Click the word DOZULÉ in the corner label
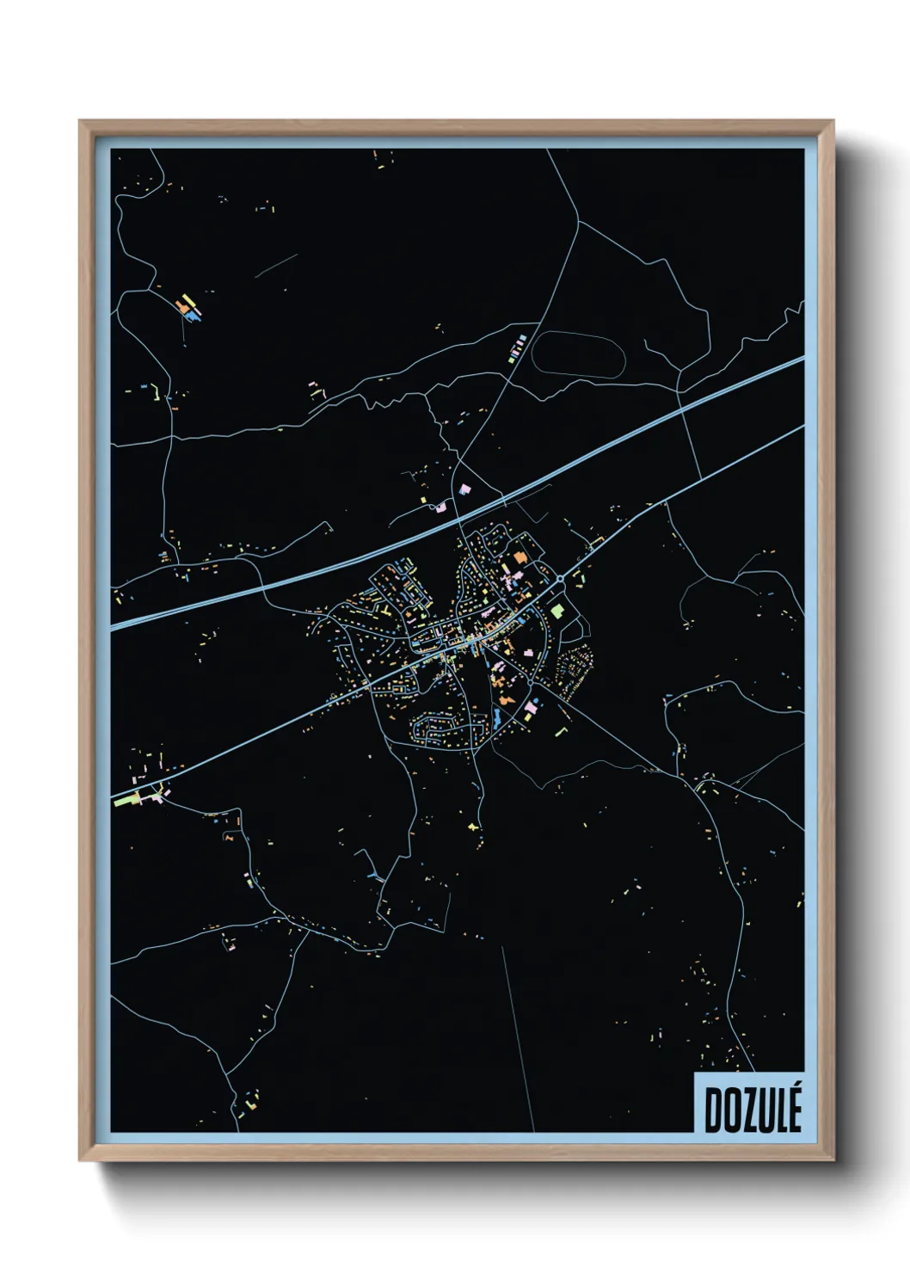coord(753,1110)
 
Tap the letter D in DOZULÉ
coord(713,1111)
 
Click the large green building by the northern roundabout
coord(557,612)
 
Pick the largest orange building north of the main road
coord(519,559)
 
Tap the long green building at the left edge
coord(126,800)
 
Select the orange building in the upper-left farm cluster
coord(181,305)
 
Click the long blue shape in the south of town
coord(495,720)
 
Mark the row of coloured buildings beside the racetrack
coord(517,347)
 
